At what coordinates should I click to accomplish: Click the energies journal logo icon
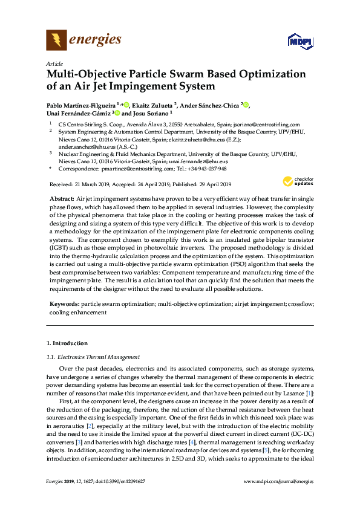pyautogui.click(x=56, y=41)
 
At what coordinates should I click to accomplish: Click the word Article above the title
pyautogui.click(x=54, y=63)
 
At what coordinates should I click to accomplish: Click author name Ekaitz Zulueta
pyautogui.click(x=152, y=105)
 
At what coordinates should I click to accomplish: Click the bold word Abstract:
pyautogui.click(x=62, y=199)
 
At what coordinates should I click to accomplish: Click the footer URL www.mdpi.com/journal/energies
pyautogui.click(x=278, y=481)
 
